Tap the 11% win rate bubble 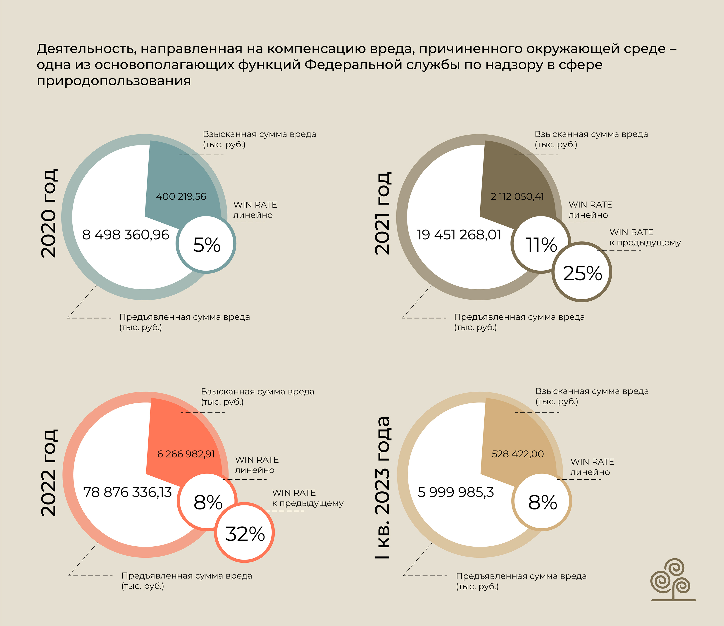pos(541,244)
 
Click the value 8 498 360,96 pos(125,235)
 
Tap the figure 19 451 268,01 pos(459,235)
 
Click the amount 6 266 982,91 pos(186,454)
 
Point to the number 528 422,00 pos(517,454)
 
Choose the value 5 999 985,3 pos(456,492)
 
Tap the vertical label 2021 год pos(382,213)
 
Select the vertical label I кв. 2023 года pos(382,487)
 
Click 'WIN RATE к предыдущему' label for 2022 pos(307,498)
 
